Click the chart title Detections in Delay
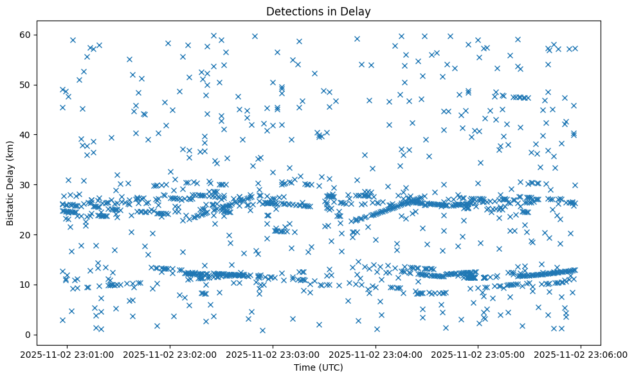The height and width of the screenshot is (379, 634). (318, 12)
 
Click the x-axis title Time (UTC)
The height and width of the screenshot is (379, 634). (318, 367)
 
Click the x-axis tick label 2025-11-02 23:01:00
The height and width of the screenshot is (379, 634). (68, 354)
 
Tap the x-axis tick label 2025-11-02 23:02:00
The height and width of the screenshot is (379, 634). (170, 354)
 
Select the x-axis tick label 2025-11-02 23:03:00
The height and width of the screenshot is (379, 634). (273, 354)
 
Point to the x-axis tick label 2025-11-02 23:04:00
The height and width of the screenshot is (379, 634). (376, 354)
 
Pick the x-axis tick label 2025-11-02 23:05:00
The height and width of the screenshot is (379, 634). (478, 354)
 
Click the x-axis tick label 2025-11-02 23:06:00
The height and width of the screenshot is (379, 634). (581, 354)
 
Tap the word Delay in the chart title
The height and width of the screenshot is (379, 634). (358, 12)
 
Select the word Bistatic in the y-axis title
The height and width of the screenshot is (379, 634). (11, 206)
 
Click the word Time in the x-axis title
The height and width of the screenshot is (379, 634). (304, 367)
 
